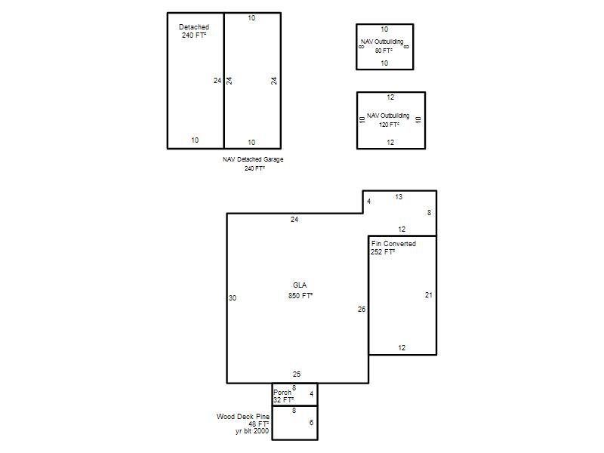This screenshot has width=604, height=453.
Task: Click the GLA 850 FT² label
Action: tap(300, 291)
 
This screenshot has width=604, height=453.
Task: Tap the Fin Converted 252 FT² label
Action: tap(393, 248)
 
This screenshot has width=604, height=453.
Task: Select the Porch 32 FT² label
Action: tap(284, 396)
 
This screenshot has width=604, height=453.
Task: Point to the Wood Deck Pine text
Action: tap(243, 417)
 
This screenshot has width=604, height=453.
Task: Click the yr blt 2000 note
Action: tap(252, 431)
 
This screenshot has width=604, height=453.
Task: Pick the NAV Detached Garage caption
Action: tap(253, 159)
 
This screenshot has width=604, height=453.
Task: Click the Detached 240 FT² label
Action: tap(194, 31)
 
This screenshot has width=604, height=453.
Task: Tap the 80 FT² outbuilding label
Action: tap(384, 51)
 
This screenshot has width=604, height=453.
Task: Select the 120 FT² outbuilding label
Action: tap(389, 125)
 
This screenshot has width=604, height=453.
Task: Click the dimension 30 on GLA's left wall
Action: tap(233, 297)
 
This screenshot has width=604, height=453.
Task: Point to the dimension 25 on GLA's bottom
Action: tap(297, 374)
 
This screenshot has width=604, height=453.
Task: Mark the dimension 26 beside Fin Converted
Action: tap(362, 309)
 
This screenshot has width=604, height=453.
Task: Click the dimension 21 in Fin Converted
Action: tap(429, 295)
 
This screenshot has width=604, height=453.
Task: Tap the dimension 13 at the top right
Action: tap(399, 197)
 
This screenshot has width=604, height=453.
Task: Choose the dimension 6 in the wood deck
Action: tap(311, 423)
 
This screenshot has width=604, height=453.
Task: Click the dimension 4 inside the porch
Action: tap(312, 393)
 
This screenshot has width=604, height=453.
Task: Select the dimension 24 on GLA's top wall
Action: tap(294, 220)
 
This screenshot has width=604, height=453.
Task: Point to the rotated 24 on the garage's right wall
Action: tap(273, 81)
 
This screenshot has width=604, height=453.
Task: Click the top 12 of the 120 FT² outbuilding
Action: tap(390, 97)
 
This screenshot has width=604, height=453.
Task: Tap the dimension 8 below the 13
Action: tap(429, 213)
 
